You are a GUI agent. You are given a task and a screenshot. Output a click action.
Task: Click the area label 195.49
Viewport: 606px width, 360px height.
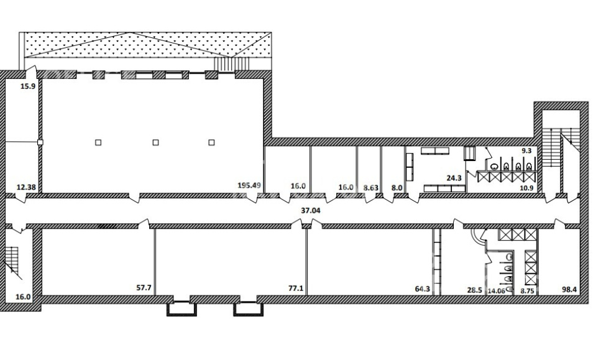tap(249, 185)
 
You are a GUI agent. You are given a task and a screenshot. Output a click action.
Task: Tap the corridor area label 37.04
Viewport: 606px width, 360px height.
tap(311, 211)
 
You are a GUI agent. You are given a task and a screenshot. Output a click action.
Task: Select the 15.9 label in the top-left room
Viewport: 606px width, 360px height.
tap(28, 86)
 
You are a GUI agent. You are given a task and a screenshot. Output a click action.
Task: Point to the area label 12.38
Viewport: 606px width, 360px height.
tap(26, 188)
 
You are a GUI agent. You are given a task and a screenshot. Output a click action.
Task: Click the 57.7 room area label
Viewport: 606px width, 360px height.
tap(144, 288)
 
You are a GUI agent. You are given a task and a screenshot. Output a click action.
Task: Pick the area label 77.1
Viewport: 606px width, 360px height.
tap(296, 288)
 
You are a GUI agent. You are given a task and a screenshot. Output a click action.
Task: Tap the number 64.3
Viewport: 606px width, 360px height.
tap(423, 289)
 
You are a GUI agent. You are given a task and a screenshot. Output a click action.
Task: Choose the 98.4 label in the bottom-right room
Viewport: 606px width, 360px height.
tap(569, 289)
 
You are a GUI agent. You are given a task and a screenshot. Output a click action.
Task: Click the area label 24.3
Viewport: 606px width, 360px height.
tap(454, 178)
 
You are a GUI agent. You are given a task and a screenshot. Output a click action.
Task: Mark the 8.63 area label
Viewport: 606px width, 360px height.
tap(371, 188)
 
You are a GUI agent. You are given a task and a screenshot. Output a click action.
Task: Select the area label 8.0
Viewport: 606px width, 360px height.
tap(397, 188)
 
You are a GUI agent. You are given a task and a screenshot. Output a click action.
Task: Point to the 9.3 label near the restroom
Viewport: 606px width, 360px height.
tap(526, 151)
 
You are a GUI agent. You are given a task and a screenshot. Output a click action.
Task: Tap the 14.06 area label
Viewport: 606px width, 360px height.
tap(497, 291)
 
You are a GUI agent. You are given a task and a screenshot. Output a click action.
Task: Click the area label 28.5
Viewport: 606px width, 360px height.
tap(475, 290)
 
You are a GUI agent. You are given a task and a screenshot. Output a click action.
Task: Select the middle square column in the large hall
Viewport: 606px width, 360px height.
tap(156, 142)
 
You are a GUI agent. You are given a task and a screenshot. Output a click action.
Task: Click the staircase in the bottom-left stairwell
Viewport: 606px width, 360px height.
tap(12, 262)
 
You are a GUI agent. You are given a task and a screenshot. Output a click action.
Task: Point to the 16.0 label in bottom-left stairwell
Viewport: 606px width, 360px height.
tap(23, 297)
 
